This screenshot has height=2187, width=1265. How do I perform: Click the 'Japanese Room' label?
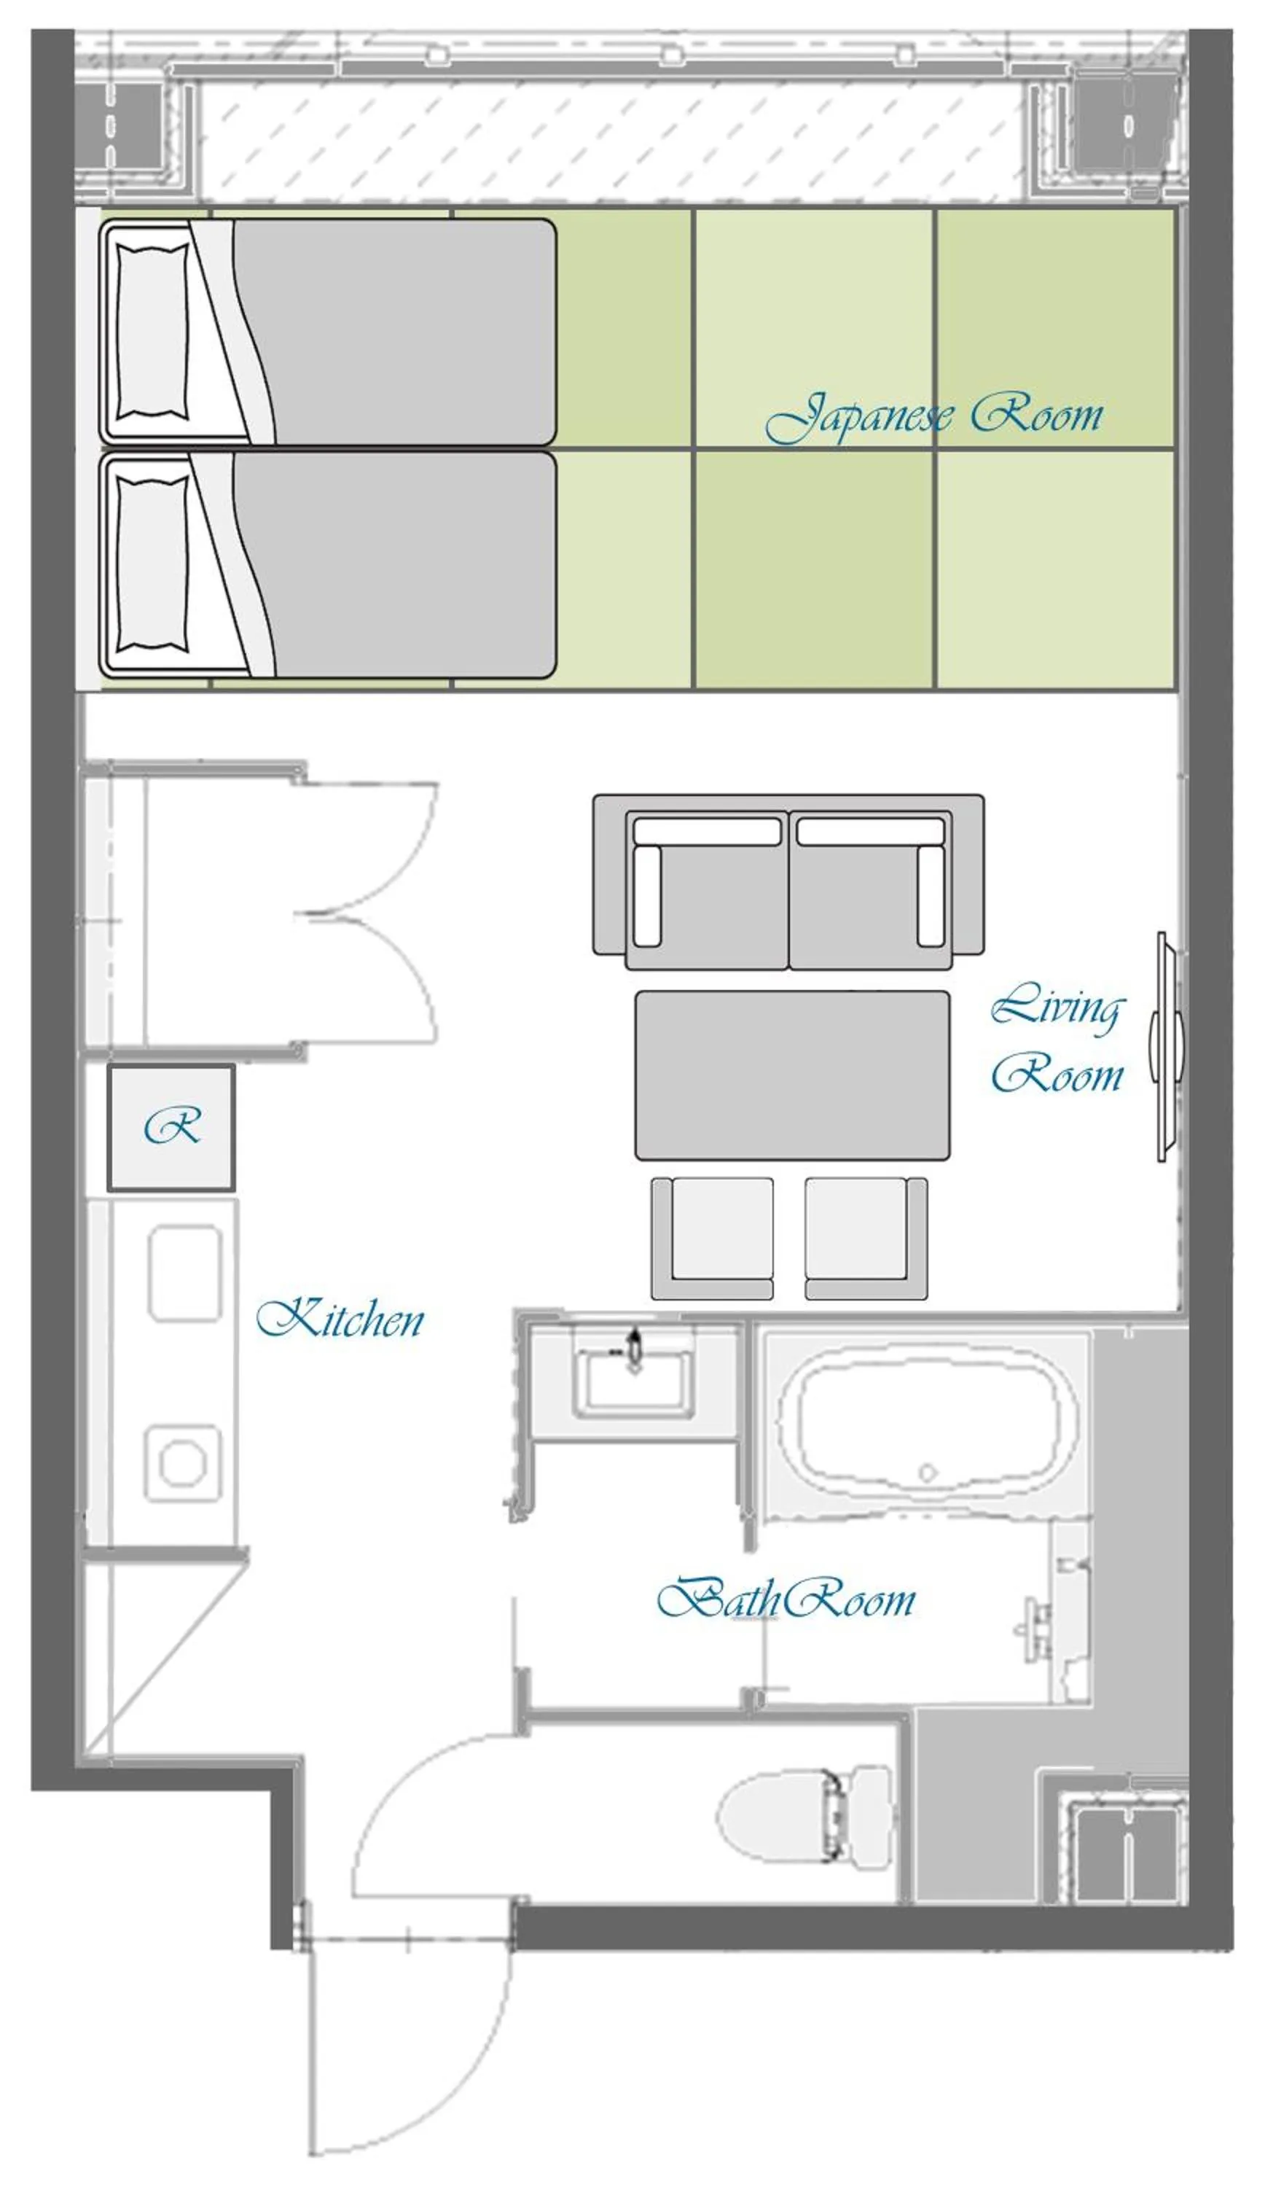[933, 418]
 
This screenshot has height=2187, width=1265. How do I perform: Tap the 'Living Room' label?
[1057, 1038]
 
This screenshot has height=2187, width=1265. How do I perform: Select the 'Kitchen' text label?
[340, 1319]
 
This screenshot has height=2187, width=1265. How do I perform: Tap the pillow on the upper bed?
[152, 332]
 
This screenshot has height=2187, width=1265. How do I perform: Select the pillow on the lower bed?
[152, 564]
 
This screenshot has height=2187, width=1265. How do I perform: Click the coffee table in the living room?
[792, 1075]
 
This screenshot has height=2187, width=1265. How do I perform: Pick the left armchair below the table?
[713, 1239]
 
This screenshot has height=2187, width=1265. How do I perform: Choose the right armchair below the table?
[866, 1239]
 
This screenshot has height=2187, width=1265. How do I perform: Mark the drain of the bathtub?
[928, 1473]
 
